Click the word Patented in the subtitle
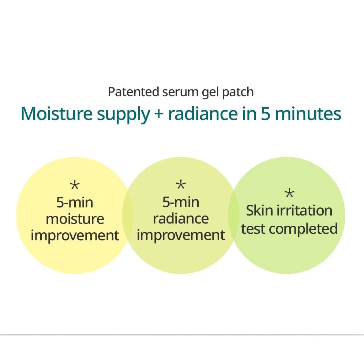pos(134,92)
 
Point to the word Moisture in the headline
pos(57,114)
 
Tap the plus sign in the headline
pos(159,115)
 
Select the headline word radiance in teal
pos(203,114)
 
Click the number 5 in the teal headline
pos(265,114)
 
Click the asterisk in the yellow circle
pos(75,185)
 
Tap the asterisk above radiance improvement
pos(181,185)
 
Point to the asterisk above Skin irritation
pos(289,194)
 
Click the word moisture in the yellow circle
pos(75,219)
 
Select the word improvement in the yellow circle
pos(75,236)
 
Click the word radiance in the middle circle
pos(181,218)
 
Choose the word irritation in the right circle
pos(305,211)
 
